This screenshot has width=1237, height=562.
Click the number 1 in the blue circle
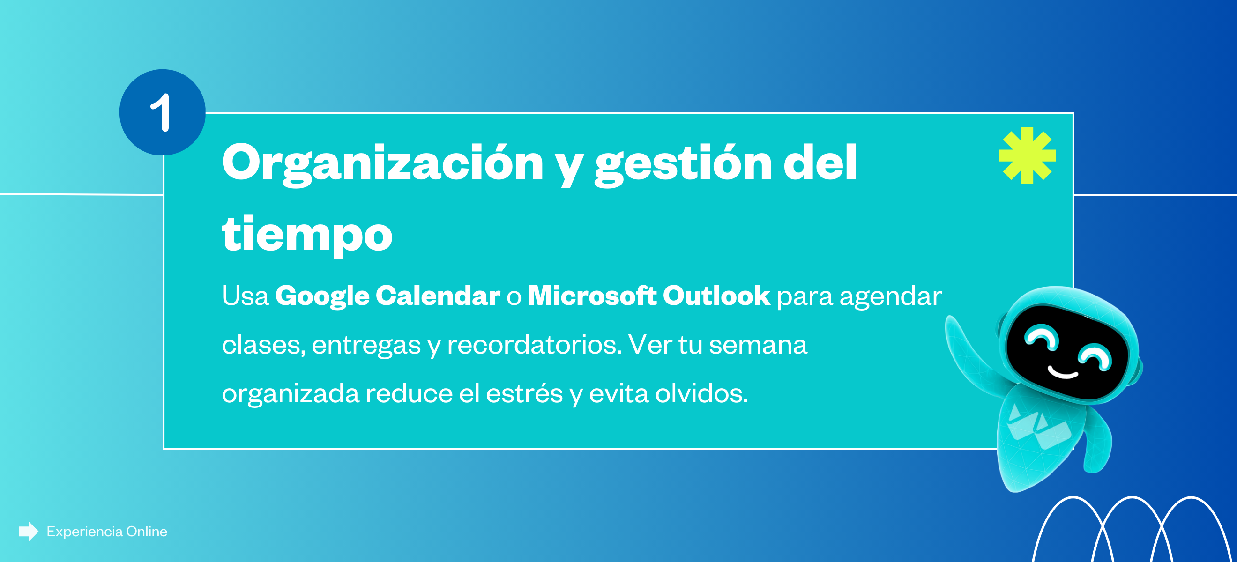[161, 112]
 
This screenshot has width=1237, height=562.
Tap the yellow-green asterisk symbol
[1027, 155]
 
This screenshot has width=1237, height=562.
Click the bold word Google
[322, 296]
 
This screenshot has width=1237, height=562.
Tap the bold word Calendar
[438, 295]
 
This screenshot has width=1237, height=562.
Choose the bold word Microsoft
[592, 295]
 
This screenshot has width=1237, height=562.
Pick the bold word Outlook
[716, 295]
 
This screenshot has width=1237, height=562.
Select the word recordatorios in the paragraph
[535, 345]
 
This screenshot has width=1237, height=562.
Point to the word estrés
[524, 393]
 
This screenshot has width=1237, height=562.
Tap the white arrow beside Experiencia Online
[29, 531]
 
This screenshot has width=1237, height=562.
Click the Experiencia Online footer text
[107, 532]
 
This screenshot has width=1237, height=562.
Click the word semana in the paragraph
[758, 345]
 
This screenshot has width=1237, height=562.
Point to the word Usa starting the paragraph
[245, 296]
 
